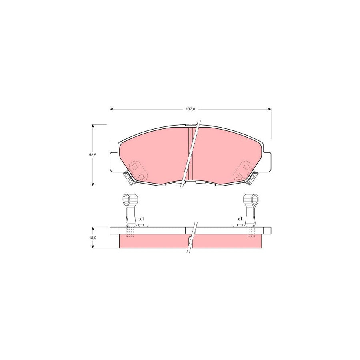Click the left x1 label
click(x=141, y=219)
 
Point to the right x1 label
click(x=240, y=219)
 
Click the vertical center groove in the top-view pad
click(x=190, y=154)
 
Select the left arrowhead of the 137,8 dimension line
click(x=112, y=109)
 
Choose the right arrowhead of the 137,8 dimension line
click(x=269, y=109)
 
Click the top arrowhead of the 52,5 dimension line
click(x=93, y=126)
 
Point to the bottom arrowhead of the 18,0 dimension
click(x=93, y=247)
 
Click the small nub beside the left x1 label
click(x=141, y=226)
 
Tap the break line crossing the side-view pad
click(x=191, y=238)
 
